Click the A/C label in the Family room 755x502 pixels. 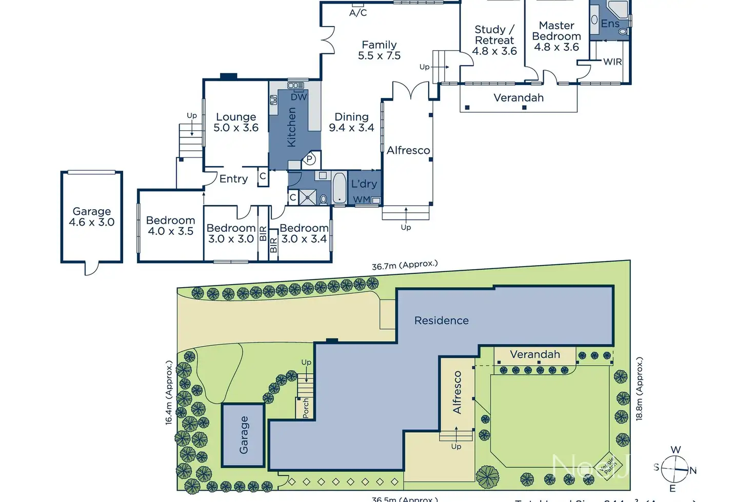pos(358,13)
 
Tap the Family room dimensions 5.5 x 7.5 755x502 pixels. pos(379,56)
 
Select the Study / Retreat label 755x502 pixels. pos(494,35)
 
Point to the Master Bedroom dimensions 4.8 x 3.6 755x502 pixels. pos(557,47)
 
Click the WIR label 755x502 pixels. pos(612,62)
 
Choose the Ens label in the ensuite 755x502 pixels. pos(610,24)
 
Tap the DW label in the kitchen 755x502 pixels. pos(299,97)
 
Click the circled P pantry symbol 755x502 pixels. pos(310,159)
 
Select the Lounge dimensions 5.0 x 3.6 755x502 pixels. pos(236,128)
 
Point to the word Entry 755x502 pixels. pos(233,179)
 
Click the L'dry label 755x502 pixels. pos(364,184)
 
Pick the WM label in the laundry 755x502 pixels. pos(362,199)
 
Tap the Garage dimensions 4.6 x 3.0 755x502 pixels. pos(91,222)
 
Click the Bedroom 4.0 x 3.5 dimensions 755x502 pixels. pos(170,231)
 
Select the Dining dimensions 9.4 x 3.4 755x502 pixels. pos(351,128)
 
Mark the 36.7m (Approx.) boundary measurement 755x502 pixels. pos(405,265)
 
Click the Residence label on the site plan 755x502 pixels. pos(441,320)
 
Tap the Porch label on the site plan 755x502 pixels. pos(306,408)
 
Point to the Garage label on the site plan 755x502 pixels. pos(244,435)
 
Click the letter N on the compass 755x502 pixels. pos(693,470)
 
